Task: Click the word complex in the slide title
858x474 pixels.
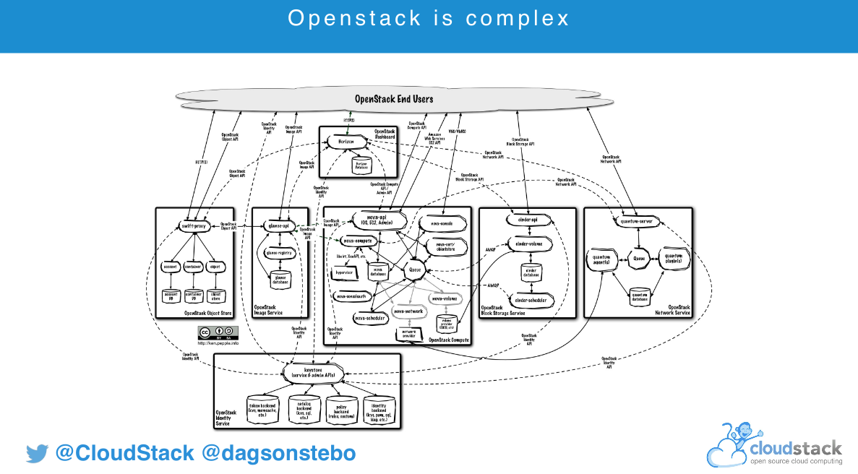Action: (x=518, y=18)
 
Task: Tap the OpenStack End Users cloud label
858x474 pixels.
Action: (x=394, y=98)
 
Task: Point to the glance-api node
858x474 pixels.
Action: (x=278, y=226)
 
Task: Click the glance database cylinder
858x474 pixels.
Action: (x=281, y=279)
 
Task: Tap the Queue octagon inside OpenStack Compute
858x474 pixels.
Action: (x=415, y=270)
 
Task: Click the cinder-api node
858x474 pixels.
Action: (x=531, y=220)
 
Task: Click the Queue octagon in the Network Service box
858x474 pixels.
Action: (x=639, y=257)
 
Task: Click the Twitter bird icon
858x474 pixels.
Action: (x=36, y=454)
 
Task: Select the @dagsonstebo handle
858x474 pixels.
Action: (x=278, y=454)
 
